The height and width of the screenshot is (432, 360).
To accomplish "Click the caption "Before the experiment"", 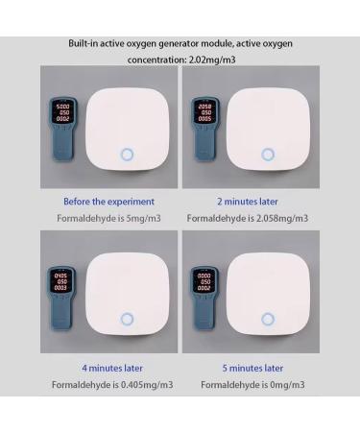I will coord(108,202).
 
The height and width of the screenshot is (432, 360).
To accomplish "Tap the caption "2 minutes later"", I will coord(247,202).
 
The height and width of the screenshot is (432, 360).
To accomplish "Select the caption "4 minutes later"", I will coord(108,368).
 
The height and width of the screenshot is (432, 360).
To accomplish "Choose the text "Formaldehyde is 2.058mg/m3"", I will coord(247,218).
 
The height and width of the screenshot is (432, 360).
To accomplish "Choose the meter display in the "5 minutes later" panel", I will coord(204,279).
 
